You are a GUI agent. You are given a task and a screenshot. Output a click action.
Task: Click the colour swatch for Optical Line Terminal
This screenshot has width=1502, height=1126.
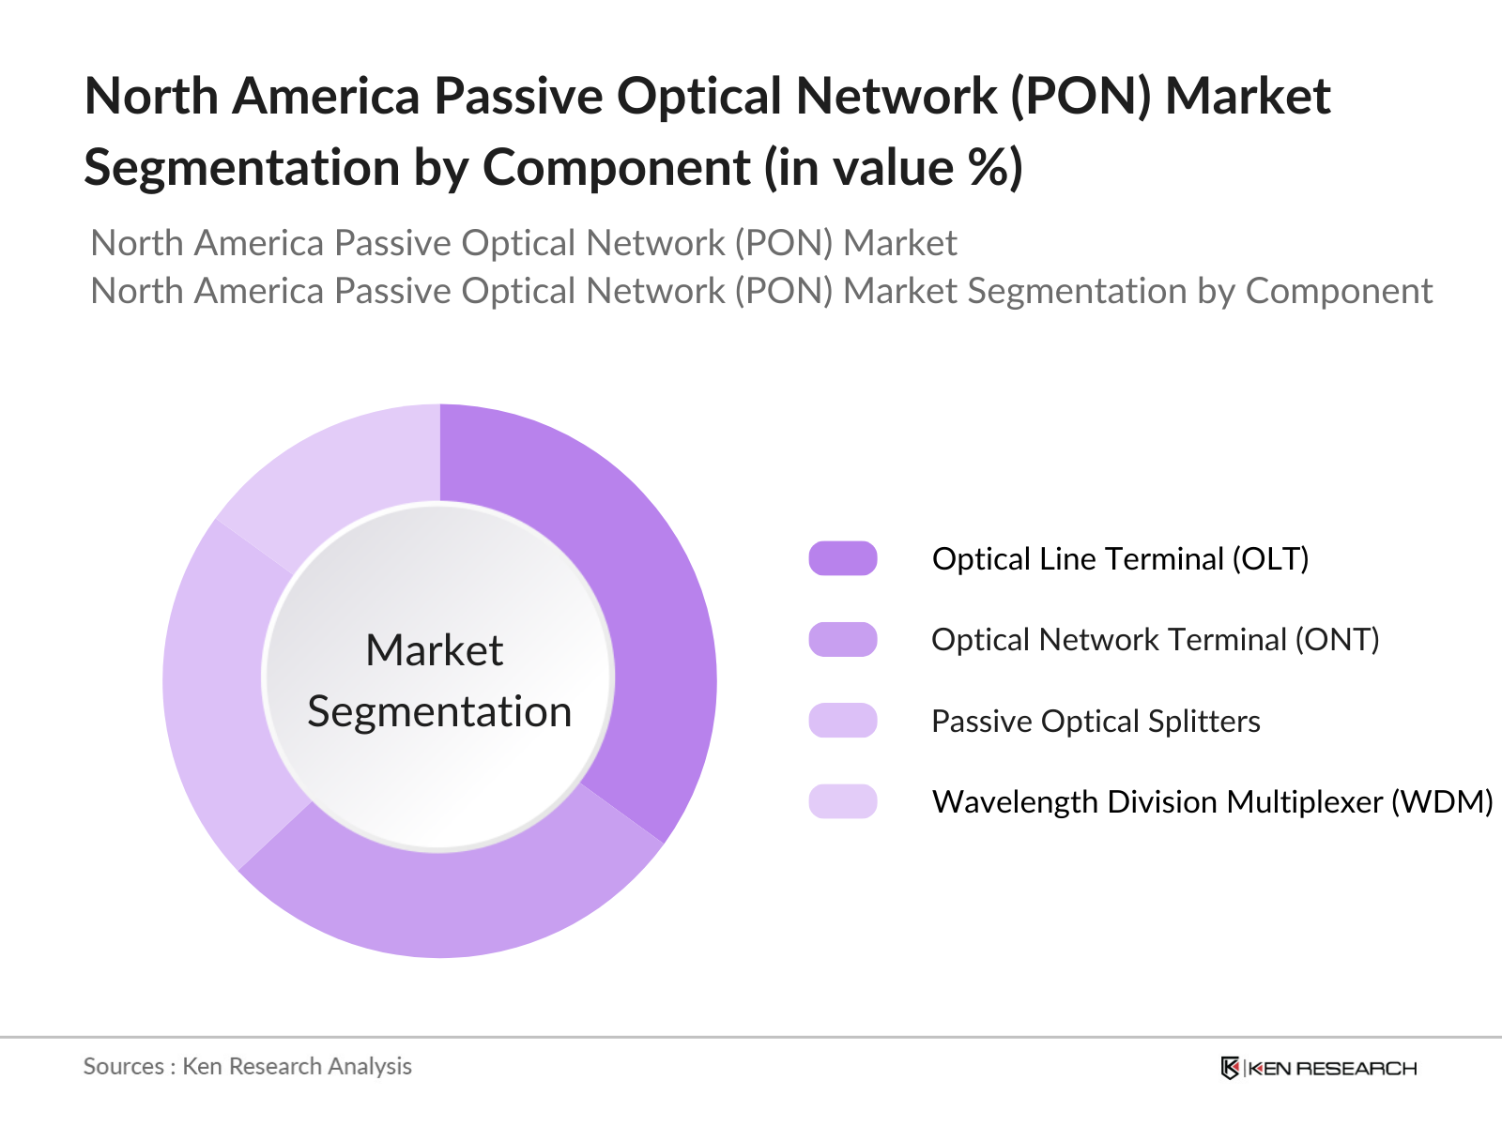(x=842, y=558)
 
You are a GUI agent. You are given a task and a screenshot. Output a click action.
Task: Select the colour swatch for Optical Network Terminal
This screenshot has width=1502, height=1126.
(x=842, y=639)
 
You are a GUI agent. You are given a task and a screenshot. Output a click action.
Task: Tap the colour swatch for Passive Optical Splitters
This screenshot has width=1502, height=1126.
(x=842, y=721)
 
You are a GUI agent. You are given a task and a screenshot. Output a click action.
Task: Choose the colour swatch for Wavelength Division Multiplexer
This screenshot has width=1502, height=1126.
(x=842, y=801)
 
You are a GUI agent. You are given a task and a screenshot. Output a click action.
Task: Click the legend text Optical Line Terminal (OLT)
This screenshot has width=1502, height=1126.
(x=1119, y=558)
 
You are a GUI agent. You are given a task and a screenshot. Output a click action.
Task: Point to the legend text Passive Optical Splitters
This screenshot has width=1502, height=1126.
(x=1095, y=721)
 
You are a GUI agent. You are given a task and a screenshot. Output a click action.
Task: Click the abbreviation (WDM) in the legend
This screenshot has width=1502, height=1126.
(x=1441, y=801)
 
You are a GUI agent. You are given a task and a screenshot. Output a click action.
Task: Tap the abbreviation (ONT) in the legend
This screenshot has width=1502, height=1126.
(x=1337, y=639)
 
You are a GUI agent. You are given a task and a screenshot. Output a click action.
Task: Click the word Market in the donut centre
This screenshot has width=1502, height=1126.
(x=434, y=650)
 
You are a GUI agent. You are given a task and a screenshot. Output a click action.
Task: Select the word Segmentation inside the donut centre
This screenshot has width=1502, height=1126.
(x=439, y=711)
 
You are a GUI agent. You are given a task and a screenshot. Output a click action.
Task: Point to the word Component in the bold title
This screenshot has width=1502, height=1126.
(x=616, y=168)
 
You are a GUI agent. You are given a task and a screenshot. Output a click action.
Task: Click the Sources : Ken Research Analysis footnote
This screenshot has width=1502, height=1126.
(x=247, y=1066)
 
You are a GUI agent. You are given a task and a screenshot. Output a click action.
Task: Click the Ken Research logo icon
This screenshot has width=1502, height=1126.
(x=1230, y=1068)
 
